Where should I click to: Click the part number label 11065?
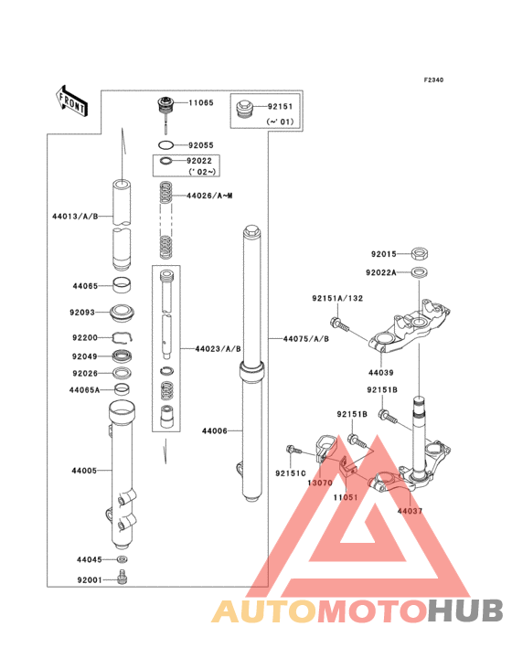coord(201,103)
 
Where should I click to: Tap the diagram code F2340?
coord(433,80)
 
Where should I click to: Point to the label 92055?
coord(201,145)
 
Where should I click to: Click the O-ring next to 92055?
coord(165,145)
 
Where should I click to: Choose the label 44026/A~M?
coord(209,196)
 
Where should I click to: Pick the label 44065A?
coord(84,389)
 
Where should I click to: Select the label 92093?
coord(82,313)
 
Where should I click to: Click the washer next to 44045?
coord(122,558)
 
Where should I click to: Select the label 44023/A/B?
coord(218,348)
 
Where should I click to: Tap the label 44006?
coord(214,430)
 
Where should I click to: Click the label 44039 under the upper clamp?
coord(381,373)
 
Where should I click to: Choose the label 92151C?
coord(292,473)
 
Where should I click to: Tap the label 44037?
coord(410,511)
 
